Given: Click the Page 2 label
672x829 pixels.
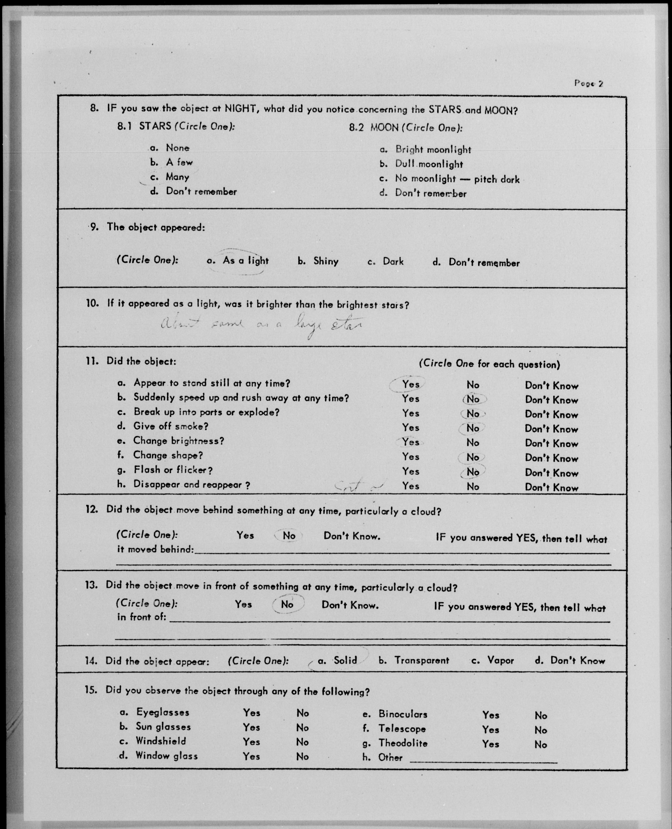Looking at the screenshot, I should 588,83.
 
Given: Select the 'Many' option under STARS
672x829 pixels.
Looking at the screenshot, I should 177,177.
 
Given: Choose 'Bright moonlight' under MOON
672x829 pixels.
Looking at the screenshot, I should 433,150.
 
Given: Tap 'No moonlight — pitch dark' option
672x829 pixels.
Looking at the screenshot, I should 457,179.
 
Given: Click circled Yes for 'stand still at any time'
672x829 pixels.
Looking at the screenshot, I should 410,384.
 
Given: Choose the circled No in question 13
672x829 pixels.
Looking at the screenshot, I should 287,604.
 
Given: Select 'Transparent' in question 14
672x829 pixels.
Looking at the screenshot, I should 422,660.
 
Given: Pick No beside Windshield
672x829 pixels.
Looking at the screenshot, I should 302,742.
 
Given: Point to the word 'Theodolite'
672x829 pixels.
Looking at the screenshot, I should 403,743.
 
